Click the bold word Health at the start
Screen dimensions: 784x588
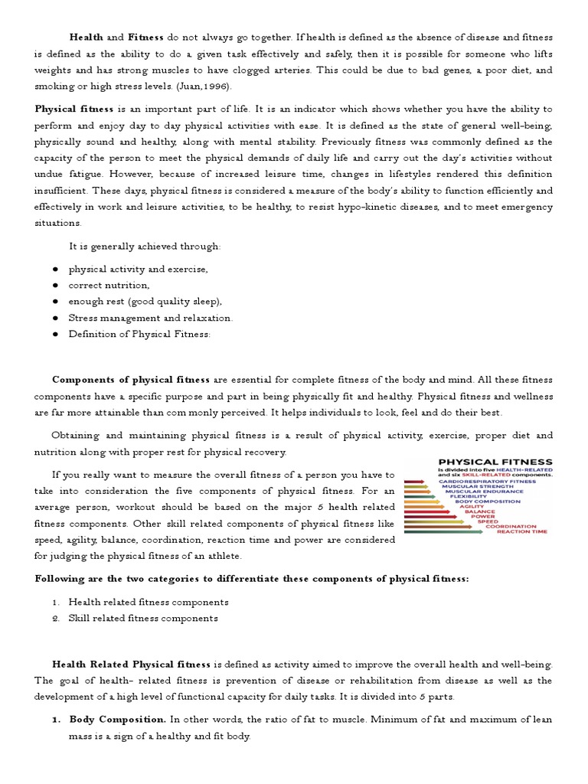click(87, 37)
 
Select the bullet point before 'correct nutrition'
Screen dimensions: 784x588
click(56, 286)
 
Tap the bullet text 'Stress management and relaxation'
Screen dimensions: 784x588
click(151, 318)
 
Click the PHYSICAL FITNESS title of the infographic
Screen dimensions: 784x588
click(495, 462)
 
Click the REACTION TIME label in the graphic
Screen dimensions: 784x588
click(521, 531)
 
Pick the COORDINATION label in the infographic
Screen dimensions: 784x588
click(514, 526)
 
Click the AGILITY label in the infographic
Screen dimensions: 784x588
click(471, 506)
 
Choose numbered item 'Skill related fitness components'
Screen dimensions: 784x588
click(143, 618)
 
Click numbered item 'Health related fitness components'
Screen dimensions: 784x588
click(149, 602)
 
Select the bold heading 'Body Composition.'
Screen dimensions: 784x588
click(117, 720)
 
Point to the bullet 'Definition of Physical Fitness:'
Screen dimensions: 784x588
click(139, 334)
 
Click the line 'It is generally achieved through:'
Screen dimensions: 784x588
click(145, 246)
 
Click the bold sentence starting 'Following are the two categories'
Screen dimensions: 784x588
click(252, 579)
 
